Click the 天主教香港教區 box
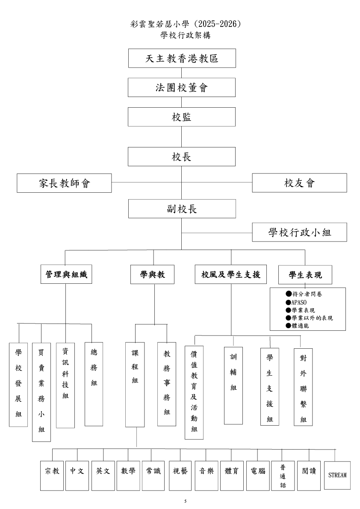[x=182, y=58]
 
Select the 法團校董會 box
[x=182, y=88]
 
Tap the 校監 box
[x=182, y=117]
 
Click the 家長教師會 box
[x=64, y=183]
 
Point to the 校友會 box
[x=299, y=183]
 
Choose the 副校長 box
[x=182, y=209]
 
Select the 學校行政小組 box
[x=299, y=232]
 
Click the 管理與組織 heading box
[x=66, y=275]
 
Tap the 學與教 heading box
[x=153, y=275]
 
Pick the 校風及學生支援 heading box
[x=231, y=275]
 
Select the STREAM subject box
[x=337, y=475]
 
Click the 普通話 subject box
[x=283, y=476]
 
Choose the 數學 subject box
[x=128, y=471]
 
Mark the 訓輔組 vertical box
[x=233, y=385]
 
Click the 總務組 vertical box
[x=94, y=384]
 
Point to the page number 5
[x=185, y=501]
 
